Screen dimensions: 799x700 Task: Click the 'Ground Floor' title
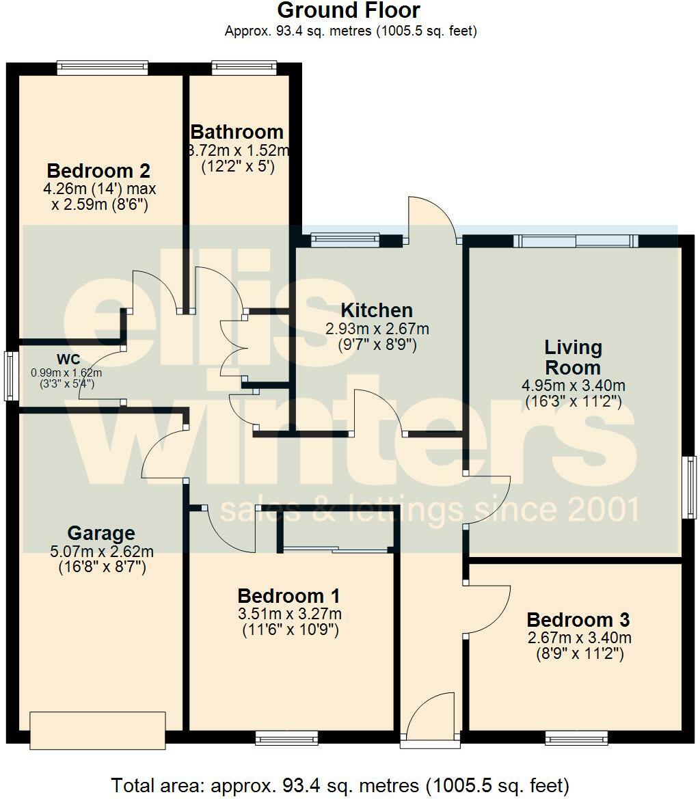tap(349, 11)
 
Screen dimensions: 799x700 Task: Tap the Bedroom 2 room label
tap(98, 170)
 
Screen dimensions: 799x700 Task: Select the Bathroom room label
tap(237, 131)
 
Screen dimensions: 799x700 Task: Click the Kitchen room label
tap(377, 310)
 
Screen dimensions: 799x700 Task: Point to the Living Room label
tap(573, 357)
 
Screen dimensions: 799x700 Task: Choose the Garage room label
tap(101, 533)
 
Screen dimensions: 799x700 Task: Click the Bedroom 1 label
tap(288, 596)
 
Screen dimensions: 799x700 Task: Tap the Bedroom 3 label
tap(578, 620)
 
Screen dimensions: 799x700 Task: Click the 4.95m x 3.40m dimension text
tap(573, 386)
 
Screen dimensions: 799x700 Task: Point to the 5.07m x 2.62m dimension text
tap(101, 551)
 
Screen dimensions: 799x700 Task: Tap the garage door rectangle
tap(98, 729)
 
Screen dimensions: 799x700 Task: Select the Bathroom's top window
tap(244, 66)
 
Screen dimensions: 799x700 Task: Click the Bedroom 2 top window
tap(103, 66)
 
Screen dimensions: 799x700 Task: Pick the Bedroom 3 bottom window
tap(576, 738)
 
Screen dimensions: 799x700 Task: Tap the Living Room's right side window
tap(691, 487)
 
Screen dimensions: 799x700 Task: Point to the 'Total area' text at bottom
tap(340, 785)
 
